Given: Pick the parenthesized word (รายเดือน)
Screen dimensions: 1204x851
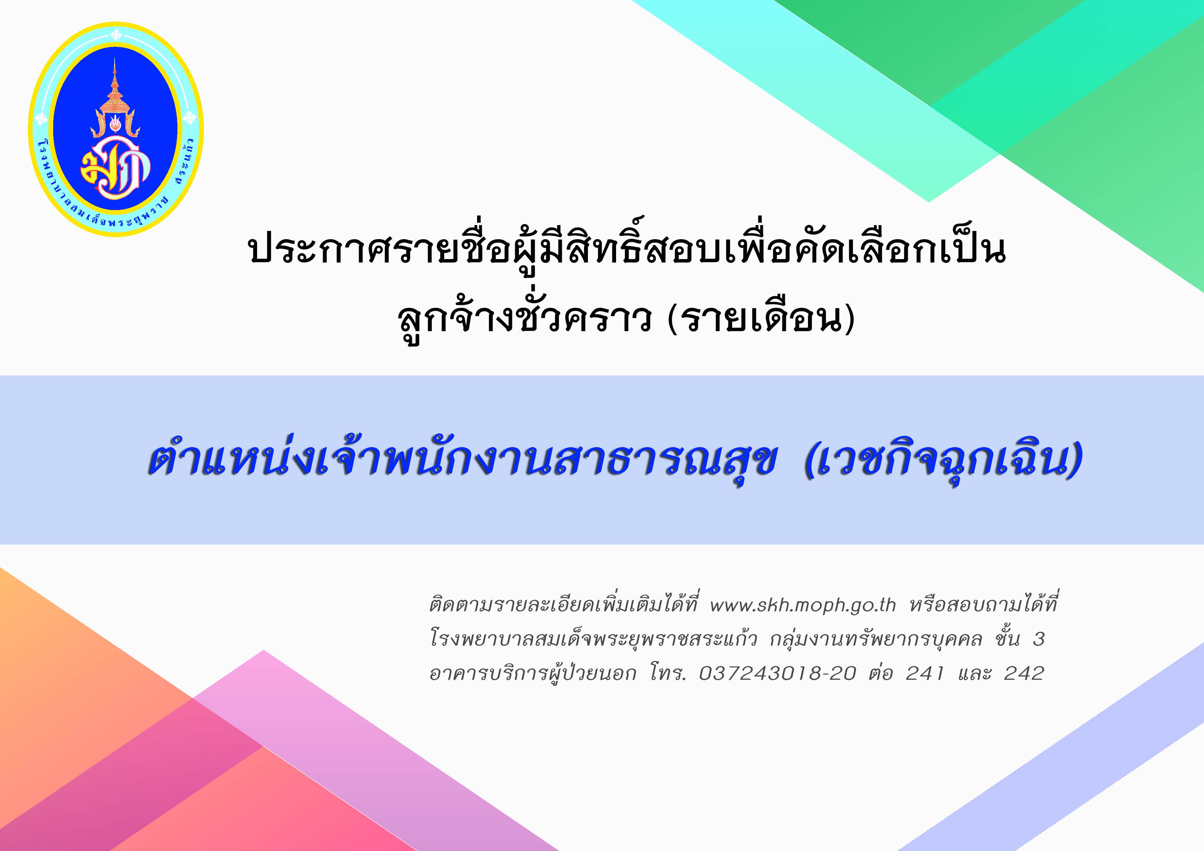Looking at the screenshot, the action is coord(761,319).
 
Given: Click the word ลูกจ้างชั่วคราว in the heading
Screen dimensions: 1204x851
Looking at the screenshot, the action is coord(525,319).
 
